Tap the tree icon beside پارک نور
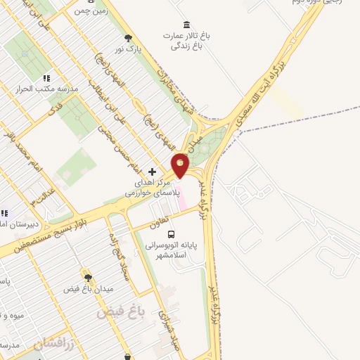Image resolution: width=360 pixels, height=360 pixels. tap(127, 38)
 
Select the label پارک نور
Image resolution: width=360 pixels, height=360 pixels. tap(129, 51)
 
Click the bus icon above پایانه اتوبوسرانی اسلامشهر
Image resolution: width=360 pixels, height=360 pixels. tap(173, 234)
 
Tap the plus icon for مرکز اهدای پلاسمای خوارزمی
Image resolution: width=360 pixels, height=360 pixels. tap(152, 172)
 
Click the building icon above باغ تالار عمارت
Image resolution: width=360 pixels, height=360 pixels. tap(186, 25)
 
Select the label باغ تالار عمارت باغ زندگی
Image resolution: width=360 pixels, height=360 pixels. tap(186, 41)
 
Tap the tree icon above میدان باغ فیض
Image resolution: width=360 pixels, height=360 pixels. tap(88, 278)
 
